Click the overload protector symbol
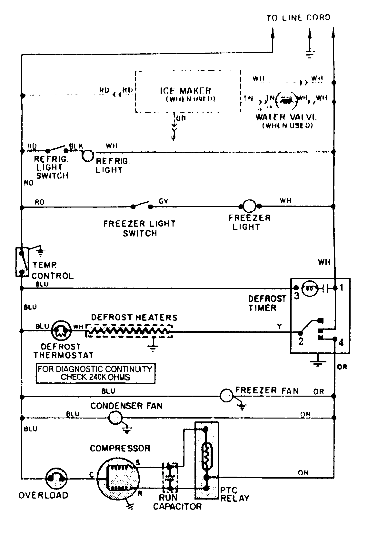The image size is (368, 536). tap(56, 479)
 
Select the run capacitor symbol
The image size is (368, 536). tap(170, 477)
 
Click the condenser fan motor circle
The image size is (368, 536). tap(114, 418)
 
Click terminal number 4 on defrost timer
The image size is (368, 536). tap(341, 342)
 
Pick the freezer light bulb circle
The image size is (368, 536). tap(249, 206)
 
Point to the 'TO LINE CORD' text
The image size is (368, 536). tap(299, 17)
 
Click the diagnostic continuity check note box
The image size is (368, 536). tap(95, 373)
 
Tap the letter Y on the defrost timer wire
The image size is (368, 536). tap(279, 326)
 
